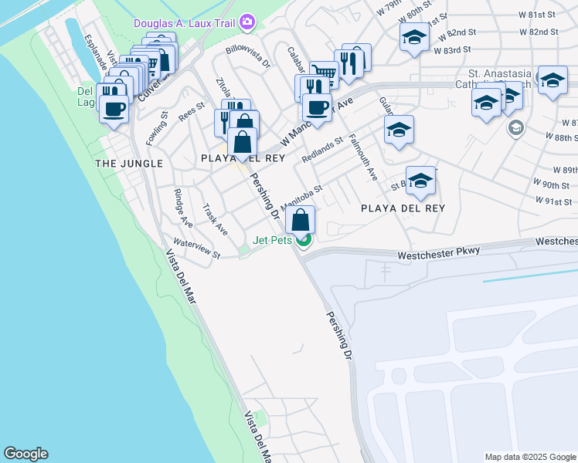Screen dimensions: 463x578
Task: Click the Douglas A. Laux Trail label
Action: pyautogui.click(x=185, y=23)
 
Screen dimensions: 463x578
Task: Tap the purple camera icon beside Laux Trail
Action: pyautogui.click(x=247, y=22)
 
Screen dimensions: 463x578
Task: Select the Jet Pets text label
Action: pyautogui.click(x=273, y=241)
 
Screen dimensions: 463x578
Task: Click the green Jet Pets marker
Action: pyautogui.click(x=304, y=241)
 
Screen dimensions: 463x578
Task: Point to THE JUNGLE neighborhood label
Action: pyautogui.click(x=128, y=164)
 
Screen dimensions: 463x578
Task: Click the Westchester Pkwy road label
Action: pyautogui.click(x=439, y=252)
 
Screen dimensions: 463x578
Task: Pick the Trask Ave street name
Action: pyautogui.click(x=215, y=219)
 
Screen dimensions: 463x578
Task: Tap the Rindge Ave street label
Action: pyautogui.click(x=182, y=208)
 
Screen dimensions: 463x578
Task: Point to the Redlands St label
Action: pyautogui.click(x=322, y=151)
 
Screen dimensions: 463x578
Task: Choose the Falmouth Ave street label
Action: pyautogui.click(x=363, y=159)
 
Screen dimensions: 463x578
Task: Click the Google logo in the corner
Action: pyautogui.click(x=25, y=454)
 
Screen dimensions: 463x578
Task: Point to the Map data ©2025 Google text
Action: pyautogui.click(x=529, y=457)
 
